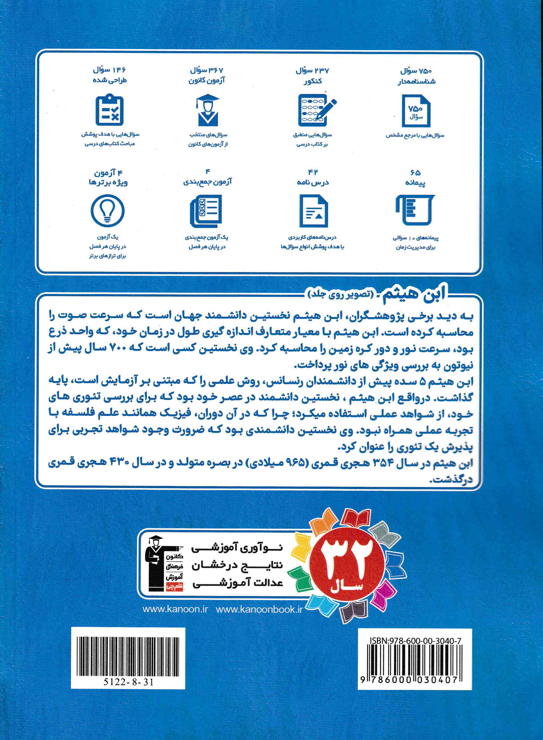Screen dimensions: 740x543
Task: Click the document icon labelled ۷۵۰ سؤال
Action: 416,111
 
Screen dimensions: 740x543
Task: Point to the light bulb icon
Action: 108,211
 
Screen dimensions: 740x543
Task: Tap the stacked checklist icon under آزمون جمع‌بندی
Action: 206,211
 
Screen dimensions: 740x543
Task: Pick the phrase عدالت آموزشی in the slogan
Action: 238,583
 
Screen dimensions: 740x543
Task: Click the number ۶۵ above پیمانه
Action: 415,172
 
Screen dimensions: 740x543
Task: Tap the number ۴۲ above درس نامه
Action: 313,172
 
